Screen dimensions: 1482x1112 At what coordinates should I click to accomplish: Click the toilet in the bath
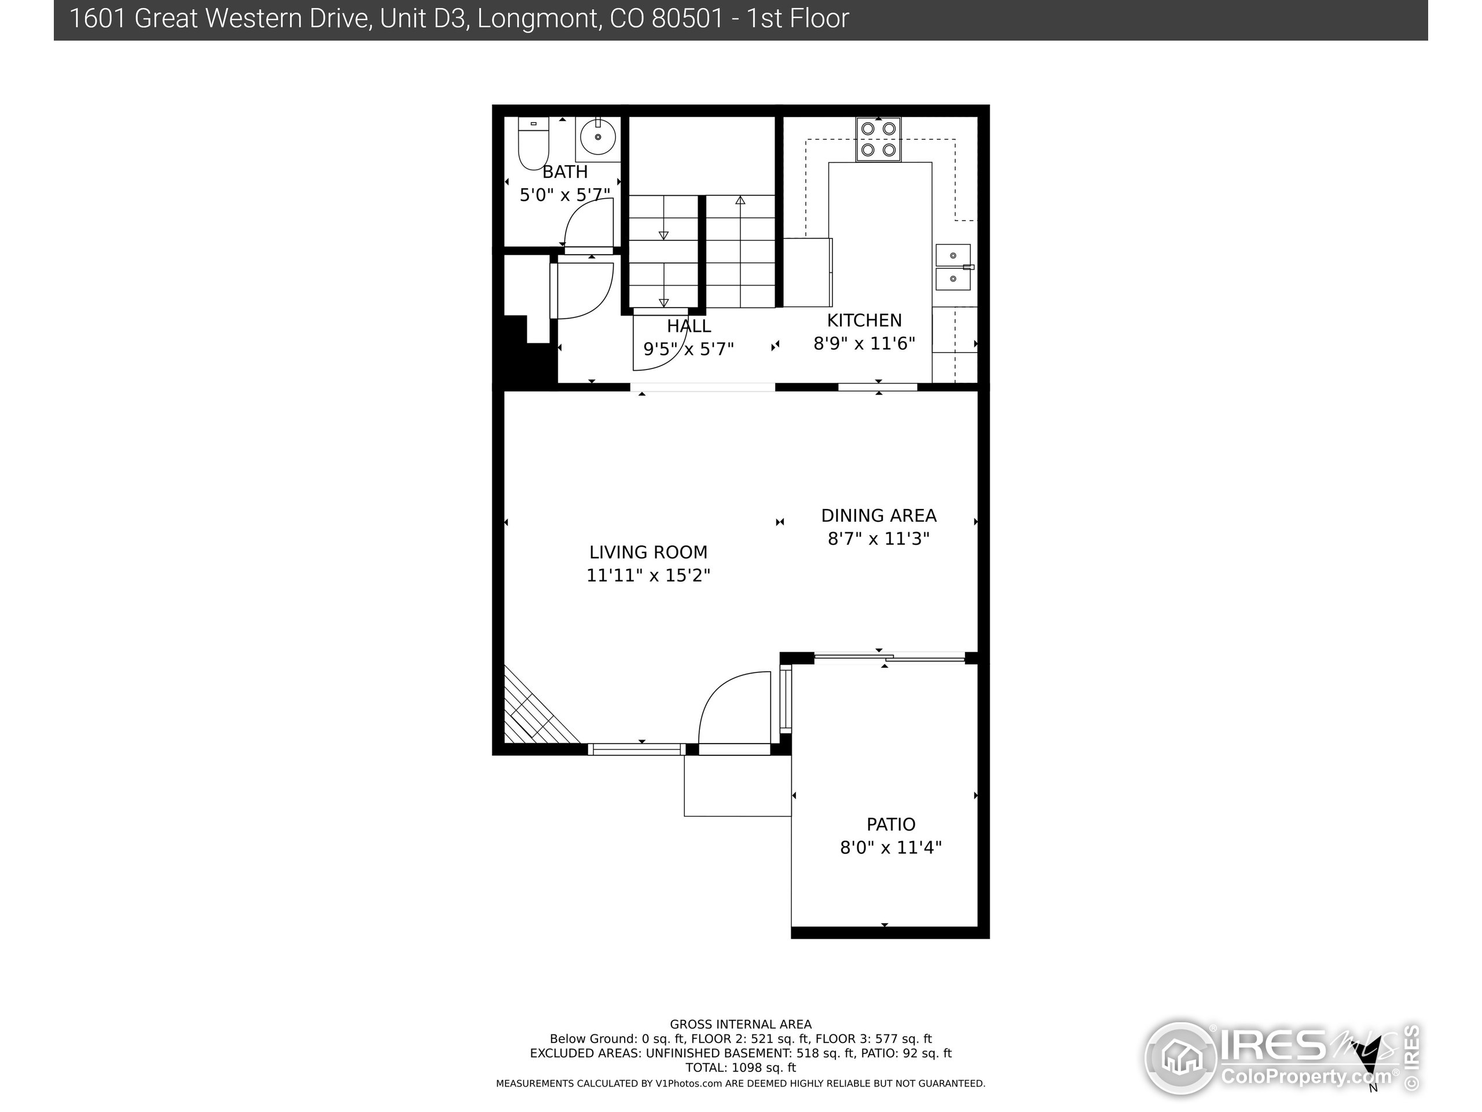pyautogui.click(x=533, y=144)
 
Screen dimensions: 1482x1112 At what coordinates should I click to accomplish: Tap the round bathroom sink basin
pyautogui.click(x=597, y=137)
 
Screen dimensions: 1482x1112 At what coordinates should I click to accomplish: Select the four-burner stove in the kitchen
pyautogui.click(x=878, y=140)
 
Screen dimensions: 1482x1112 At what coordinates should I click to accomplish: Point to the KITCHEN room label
pyautogui.click(x=864, y=320)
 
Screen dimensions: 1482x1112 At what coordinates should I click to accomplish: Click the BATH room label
pyautogui.click(x=565, y=172)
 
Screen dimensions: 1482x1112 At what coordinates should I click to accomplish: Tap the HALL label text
pyautogui.click(x=689, y=327)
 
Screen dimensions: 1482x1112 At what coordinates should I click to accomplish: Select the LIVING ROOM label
pyautogui.click(x=648, y=553)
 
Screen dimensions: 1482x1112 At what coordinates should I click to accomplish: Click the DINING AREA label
pyautogui.click(x=878, y=515)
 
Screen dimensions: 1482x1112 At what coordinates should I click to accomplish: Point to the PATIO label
pyautogui.click(x=890, y=825)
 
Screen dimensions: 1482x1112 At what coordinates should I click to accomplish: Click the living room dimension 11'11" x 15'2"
pyautogui.click(x=648, y=576)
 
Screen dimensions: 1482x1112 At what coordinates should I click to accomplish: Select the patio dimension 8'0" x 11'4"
pyautogui.click(x=890, y=848)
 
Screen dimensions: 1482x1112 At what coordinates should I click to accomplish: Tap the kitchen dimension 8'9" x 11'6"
pyautogui.click(x=864, y=344)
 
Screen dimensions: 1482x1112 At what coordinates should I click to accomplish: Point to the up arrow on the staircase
pyautogui.click(x=740, y=200)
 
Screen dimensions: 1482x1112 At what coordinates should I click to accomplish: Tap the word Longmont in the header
pyautogui.click(x=538, y=19)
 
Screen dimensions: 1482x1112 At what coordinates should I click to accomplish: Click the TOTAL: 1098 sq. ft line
pyautogui.click(x=740, y=1068)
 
